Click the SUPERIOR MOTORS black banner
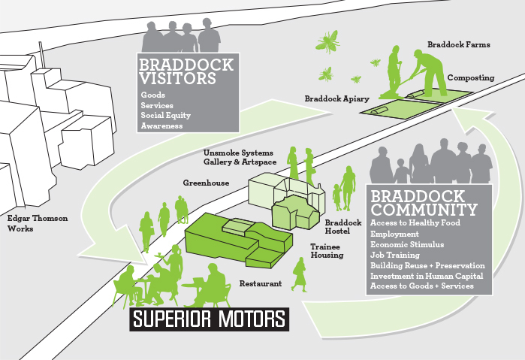point(209,319)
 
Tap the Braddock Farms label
point(458,44)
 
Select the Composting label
point(470,77)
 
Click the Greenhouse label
point(207,183)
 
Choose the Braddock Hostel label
point(343,227)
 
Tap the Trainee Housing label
point(327,250)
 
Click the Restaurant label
point(260,284)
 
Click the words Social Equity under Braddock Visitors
point(165,116)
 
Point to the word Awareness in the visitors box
point(161,126)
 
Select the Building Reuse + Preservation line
point(427,265)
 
